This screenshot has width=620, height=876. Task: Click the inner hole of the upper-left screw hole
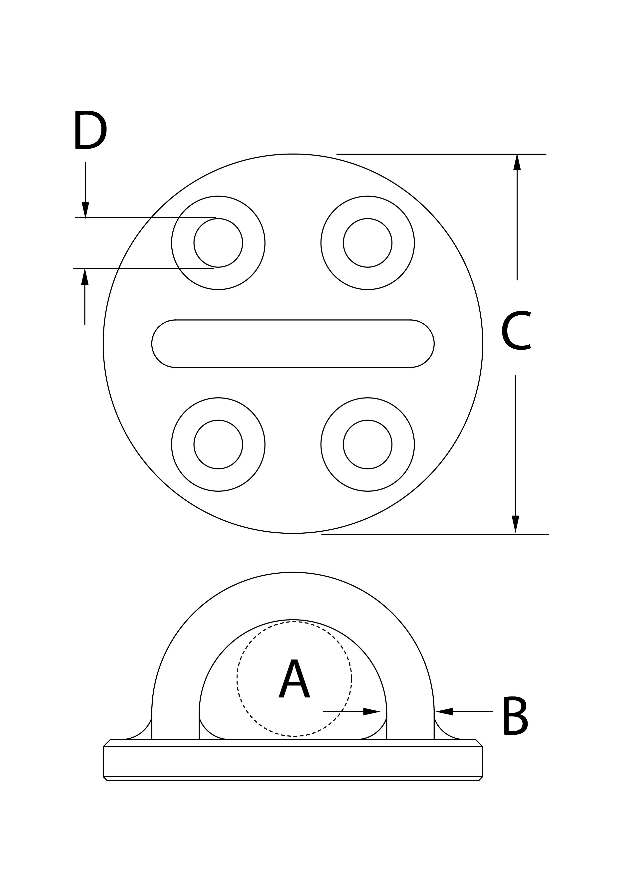point(218,243)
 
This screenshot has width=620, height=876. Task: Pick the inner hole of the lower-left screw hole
point(218,444)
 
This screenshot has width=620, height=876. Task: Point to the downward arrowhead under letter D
point(85,210)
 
